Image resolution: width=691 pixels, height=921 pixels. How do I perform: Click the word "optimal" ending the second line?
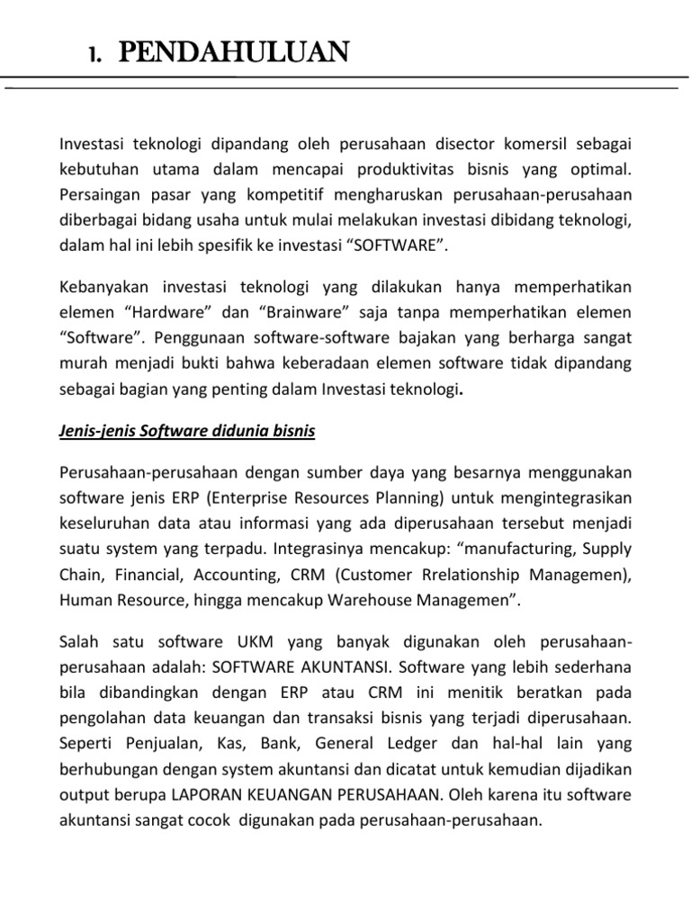click(x=604, y=169)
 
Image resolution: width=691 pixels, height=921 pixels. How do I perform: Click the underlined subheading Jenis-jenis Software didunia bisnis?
click(x=187, y=431)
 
